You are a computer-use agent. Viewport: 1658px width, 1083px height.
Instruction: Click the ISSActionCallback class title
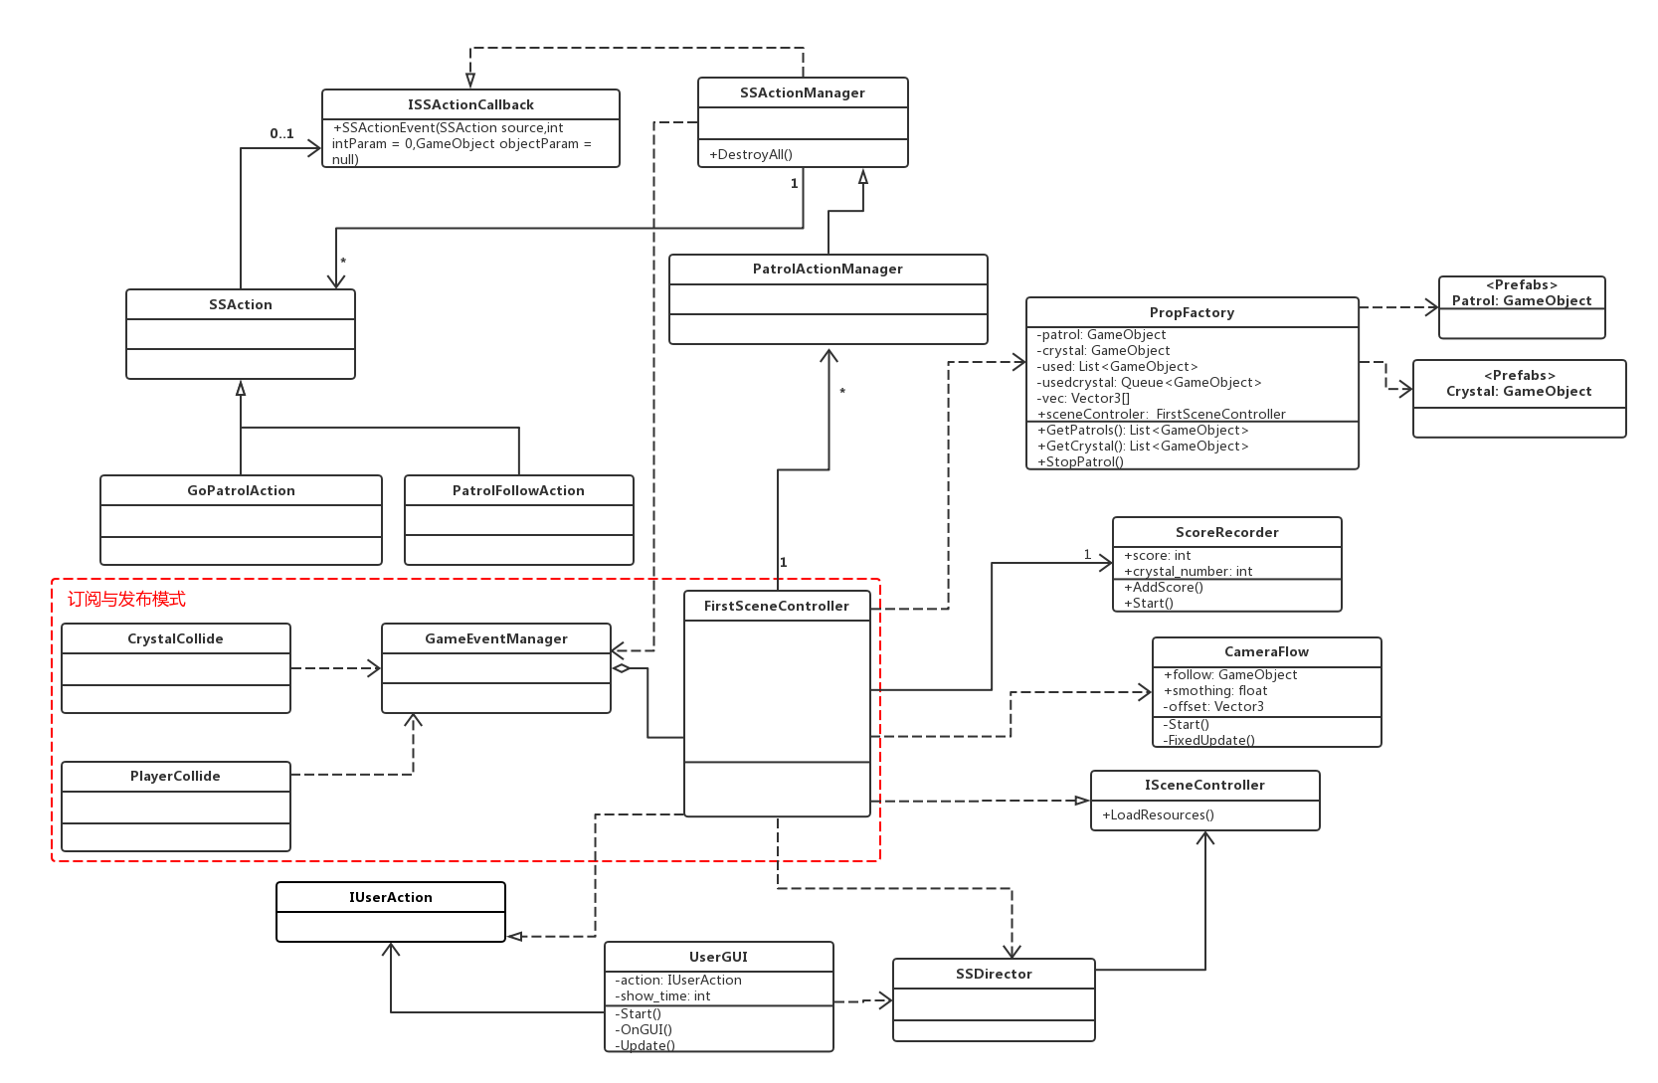470,104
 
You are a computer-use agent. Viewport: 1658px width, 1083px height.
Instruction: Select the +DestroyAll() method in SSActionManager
751,154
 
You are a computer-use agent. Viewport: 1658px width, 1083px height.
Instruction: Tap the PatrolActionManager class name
828,269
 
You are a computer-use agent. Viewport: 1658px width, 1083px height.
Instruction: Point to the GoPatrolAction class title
241,490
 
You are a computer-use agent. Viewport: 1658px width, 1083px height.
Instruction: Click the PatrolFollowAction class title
518,490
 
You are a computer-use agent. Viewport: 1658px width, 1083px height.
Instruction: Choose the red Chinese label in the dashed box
126,599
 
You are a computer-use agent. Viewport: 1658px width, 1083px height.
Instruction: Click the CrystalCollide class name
175,638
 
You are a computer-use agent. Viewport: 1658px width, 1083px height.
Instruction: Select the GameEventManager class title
495,638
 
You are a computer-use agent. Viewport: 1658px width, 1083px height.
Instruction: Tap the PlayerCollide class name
175,776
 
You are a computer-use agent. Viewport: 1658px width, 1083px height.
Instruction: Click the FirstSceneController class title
776,606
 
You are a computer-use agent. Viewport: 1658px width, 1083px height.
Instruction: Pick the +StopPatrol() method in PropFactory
1080,461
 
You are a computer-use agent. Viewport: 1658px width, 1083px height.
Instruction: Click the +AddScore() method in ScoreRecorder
1163,587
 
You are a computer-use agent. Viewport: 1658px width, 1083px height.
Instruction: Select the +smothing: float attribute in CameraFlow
1214,690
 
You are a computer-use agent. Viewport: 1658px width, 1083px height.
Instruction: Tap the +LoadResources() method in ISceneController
1158,814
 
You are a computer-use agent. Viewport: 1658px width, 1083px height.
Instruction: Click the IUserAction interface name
390,897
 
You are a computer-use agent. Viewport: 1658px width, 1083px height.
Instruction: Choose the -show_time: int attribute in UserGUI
662,995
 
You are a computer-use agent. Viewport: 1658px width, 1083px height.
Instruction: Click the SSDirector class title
994,974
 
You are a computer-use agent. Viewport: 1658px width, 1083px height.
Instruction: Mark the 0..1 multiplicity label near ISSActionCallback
281,133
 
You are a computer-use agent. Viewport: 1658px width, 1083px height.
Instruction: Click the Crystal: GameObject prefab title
1519,391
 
